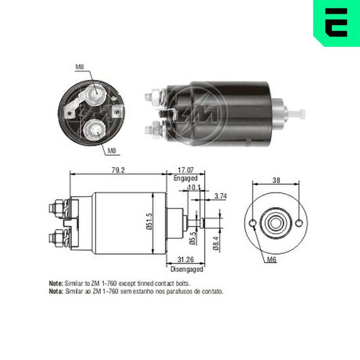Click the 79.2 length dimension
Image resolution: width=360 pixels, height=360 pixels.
coord(118,170)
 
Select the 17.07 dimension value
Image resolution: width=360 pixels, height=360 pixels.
coord(185,170)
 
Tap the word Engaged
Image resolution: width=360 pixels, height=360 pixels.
coord(185,178)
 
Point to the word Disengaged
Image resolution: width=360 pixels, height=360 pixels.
coord(187,269)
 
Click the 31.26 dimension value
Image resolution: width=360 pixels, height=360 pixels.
coord(185,260)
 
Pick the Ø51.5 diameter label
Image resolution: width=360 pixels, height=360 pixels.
coord(149,221)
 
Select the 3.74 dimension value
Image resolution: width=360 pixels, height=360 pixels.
coord(220,196)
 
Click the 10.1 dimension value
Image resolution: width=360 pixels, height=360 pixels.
coord(194,188)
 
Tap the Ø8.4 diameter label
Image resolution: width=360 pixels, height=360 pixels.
coord(216,243)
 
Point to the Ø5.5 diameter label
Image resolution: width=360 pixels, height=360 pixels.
coord(193,238)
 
